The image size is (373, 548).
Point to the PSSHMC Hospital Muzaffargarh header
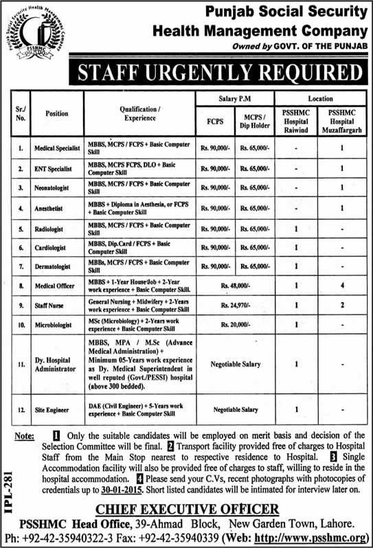341,120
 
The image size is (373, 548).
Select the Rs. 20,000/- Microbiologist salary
235,324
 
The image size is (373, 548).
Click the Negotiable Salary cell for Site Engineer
235,409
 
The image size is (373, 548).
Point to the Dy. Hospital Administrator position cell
56,364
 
